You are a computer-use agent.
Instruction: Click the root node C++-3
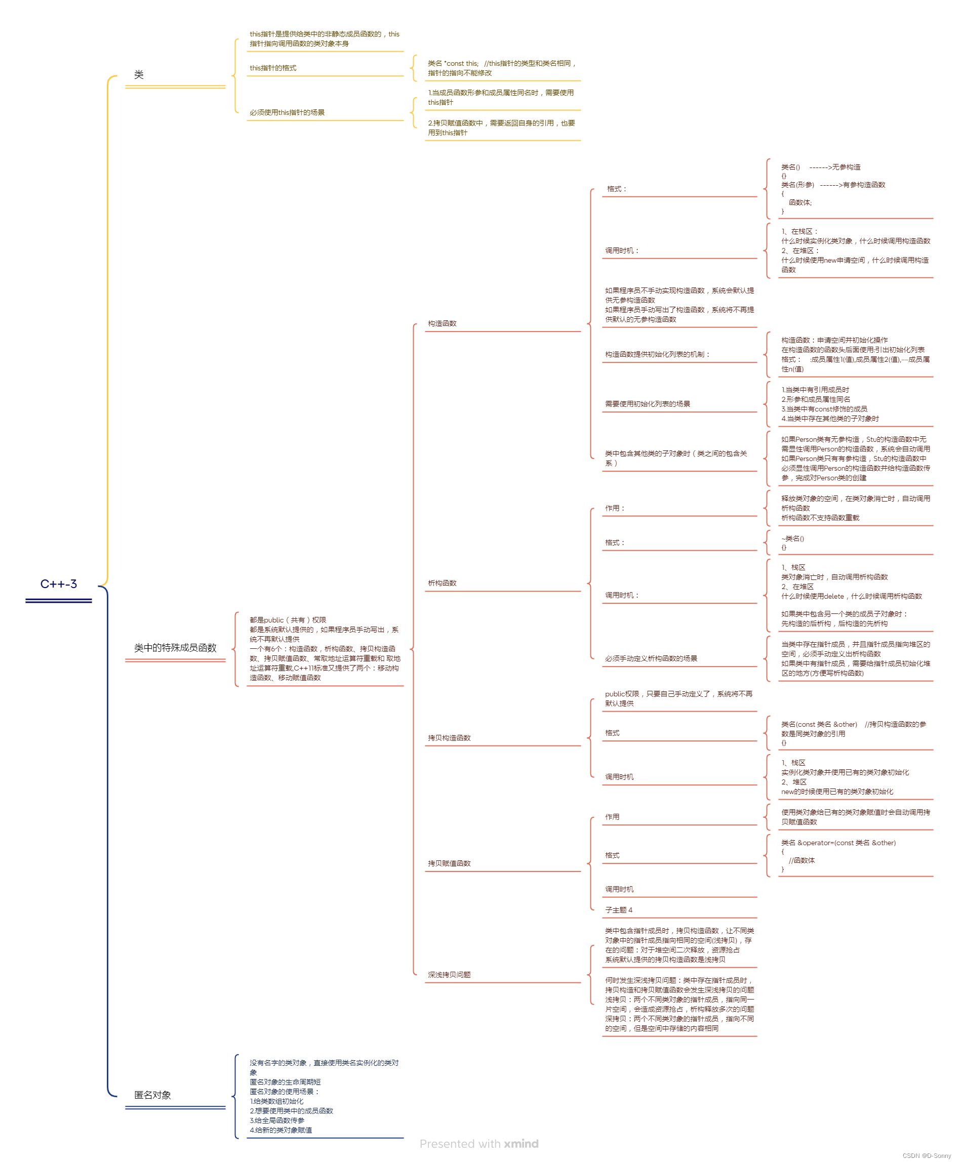pyautogui.click(x=59, y=584)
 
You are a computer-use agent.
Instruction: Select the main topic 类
pyautogui.click(x=139, y=74)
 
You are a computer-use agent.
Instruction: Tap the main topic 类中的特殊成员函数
pyautogui.click(x=175, y=648)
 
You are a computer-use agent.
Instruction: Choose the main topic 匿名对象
pyautogui.click(x=152, y=1095)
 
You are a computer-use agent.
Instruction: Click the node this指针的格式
pyautogui.click(x=273, y=68)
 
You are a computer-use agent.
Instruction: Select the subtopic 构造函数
pyautogui.click(x=442, y=323)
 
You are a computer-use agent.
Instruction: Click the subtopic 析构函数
pyautogui.click(x=442, y=583)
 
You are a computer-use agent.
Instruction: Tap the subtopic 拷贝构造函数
pyautogui.click(x=449, y=738)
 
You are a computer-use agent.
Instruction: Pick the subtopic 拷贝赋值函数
pyautogui.click(x=449, y=863)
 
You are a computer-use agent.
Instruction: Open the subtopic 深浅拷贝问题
pyautogui.click(x=449, y=975)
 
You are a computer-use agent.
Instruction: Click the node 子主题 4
pyautogui.click(x=619, y=910)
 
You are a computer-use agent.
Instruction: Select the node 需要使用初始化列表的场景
pyautogui.click(x=648, y=404)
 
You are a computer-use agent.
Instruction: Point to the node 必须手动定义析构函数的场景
pyautogui.click(x=651, y=659)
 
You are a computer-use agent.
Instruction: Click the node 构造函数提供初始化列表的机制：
pyautogui.click(x=657, y=354)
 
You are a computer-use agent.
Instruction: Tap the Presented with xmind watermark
pyautogui.click(x=479, y=1144)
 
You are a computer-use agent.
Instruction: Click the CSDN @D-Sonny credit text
pyautogui.click(x=927, y=1156)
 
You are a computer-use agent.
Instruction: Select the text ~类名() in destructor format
pyautogui.click(x=792, y=539)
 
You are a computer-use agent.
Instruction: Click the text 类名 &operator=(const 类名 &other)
pyautogui.click(x=838, y=843)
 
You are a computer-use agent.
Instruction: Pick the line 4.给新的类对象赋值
pyautogui.click(x=281, y=1130)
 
